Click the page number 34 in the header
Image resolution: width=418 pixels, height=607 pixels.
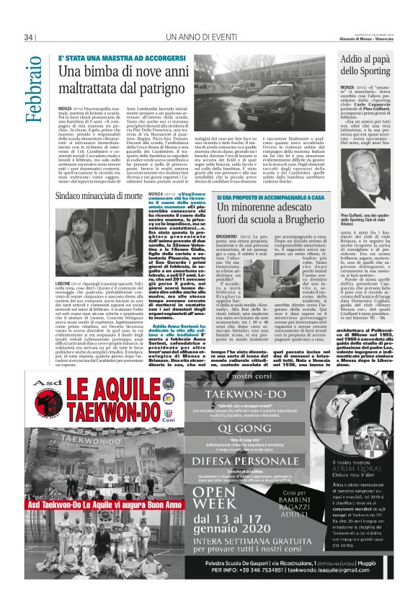pyautogui.click(x=30, y=37)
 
